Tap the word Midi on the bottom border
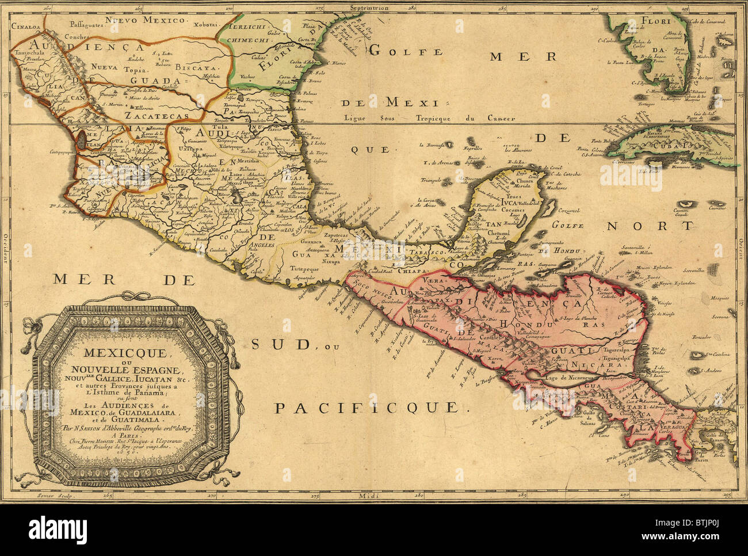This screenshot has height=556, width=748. point(371,496)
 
